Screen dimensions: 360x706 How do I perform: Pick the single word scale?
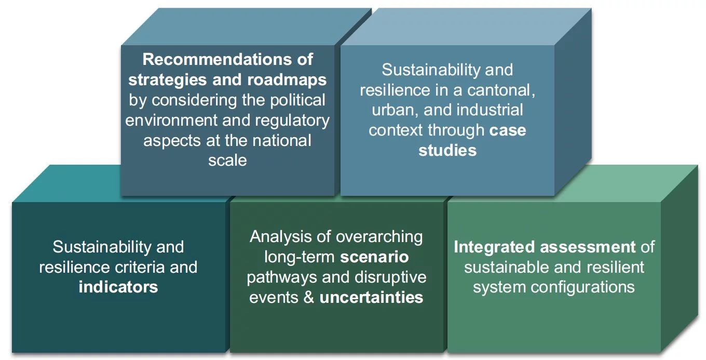coord(227,160)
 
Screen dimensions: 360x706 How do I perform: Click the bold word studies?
coord(447,151)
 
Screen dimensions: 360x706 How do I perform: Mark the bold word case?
coord(508,130)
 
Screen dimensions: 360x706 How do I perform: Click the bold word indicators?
coord(118,287)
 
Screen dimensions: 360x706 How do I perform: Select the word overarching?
coord(379,237)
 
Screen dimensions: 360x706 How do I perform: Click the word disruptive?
coord(391,277)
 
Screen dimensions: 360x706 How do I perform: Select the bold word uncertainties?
coord(371,298)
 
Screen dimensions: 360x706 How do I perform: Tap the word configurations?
coord(583,287)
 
